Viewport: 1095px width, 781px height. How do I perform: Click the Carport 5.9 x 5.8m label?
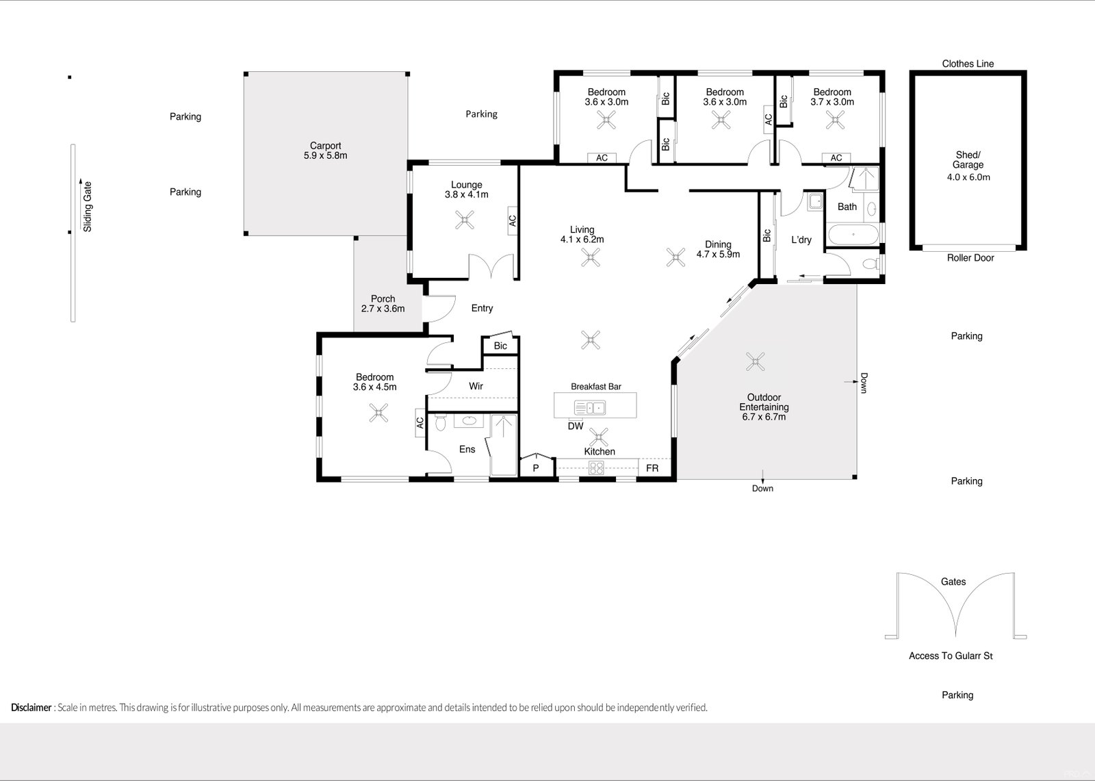[325, 151]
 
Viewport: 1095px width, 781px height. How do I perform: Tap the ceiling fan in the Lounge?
[465, 220]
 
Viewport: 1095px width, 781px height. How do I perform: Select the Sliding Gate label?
[88, 206]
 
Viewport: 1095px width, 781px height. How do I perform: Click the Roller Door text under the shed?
[970, 258]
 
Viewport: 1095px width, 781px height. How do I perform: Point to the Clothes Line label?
[968, 64]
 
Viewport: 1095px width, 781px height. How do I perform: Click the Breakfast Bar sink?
[589, 409]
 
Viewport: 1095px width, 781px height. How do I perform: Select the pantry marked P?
[536, 468]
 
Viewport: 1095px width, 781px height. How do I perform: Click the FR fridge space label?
[652, 468]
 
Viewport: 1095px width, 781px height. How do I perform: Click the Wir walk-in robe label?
[476, 386]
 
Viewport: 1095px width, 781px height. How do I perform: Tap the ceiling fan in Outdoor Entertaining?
[756, 361]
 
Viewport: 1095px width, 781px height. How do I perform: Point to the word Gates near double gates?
[953, 582]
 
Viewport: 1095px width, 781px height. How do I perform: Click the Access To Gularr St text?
[951, 656]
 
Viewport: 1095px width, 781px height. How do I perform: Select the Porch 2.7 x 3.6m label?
[383, 304]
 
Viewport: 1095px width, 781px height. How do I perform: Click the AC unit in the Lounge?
[512, 220]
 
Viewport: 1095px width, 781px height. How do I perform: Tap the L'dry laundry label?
[801, 240]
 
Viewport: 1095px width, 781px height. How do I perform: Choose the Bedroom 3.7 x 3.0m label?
[832, 97]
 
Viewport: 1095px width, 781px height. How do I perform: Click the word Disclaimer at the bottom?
[31, 708]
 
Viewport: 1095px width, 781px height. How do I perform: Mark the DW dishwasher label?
[576, 426]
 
